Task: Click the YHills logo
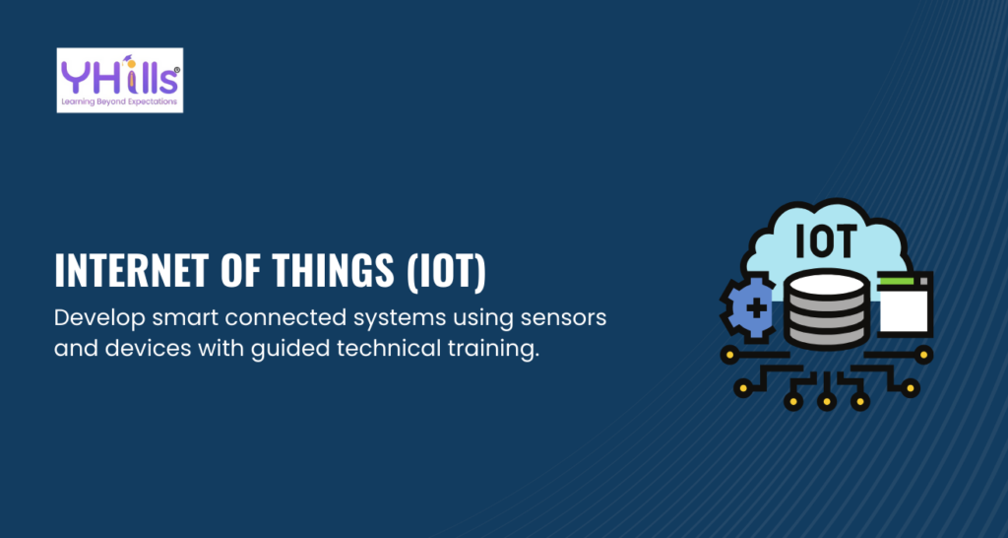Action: (x=119, y=81)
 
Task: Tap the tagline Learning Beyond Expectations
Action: (x=119, y=102)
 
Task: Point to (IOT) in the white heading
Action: (x=446, y=272)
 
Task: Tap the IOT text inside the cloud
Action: (x=826, y=240)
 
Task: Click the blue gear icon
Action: (x=749, y=305)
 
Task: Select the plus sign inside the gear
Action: (x=756, y=307)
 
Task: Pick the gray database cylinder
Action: (x=826, y=309)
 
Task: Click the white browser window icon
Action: (x=905, y=303)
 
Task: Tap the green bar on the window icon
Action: (x=896, y=281)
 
